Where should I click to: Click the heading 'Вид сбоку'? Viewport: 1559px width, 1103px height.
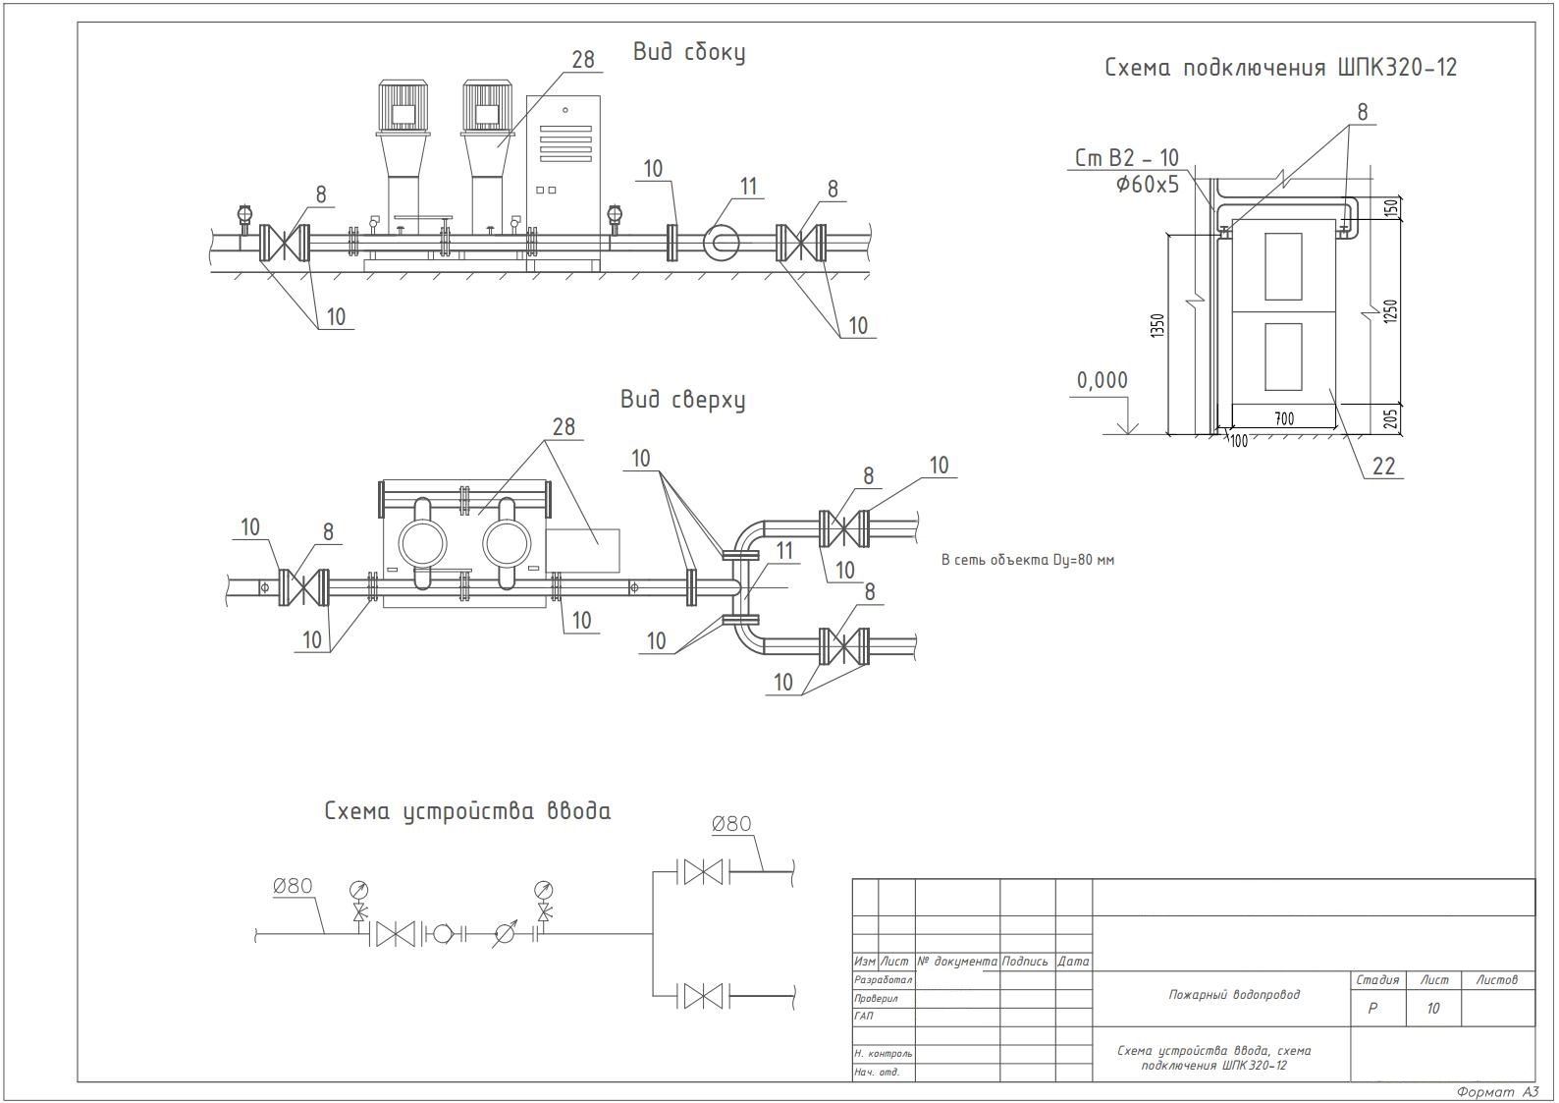tap(688, 53)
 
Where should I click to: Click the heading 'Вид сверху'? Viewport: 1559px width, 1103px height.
tap(681, 400)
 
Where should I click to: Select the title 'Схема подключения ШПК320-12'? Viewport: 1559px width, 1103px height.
tap(1280, 68)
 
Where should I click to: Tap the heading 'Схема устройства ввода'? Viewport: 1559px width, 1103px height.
tap(467, 811)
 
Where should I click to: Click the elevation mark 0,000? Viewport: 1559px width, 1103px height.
tap(1102, 380)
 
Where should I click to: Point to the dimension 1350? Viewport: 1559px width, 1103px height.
tap(1157, 327)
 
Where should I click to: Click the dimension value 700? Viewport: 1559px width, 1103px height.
tap(1284, 418)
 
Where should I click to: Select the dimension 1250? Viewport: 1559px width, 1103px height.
tap(1390, 312)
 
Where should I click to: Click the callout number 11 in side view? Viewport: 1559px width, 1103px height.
tap(749, 187)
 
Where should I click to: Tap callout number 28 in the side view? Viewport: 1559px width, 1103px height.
tap(583, 60)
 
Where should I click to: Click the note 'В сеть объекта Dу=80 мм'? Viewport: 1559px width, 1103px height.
tap(1027, 560)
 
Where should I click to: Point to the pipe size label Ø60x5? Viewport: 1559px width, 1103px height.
tap(1147, 184)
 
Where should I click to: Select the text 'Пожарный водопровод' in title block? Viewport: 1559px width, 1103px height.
tap(1233, 995)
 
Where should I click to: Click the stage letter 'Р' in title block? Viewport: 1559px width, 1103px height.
tap(1372, 1009)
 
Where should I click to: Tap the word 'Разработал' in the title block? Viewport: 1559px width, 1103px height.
tap(883, 980)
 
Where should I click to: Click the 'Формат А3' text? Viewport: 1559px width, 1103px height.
tap(1497, 1092)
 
